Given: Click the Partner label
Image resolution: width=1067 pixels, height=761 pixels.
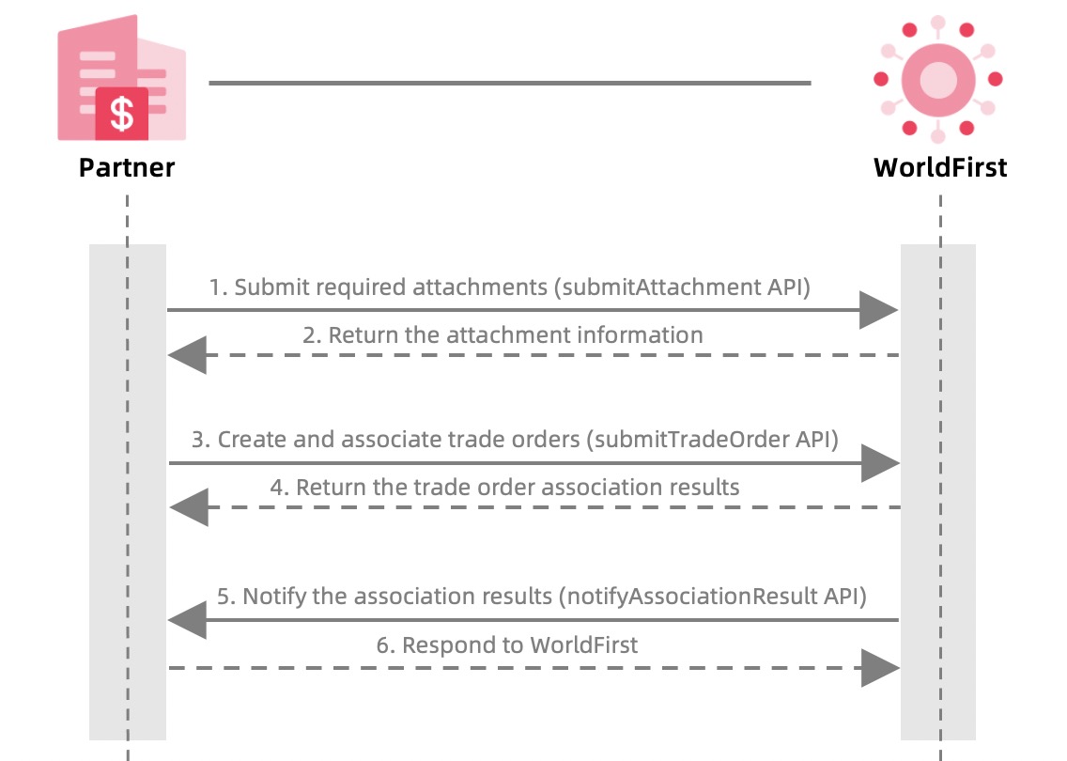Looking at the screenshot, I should tap(127, 168).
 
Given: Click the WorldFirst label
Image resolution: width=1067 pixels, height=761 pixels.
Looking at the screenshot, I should tap(939, 168).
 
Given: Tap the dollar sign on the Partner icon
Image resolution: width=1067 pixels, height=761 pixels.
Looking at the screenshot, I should tap(122, 112).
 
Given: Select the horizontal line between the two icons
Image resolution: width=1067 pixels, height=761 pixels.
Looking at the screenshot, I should tap(509, 83).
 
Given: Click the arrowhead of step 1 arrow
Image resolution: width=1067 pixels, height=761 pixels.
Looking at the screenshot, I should tap(879, 310).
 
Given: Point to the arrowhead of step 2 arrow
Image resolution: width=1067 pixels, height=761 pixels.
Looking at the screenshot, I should tap(187, 355).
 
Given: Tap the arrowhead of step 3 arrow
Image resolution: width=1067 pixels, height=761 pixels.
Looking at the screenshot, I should tap(880, 462).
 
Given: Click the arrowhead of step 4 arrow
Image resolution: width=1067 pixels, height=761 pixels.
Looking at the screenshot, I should tap(189, 507).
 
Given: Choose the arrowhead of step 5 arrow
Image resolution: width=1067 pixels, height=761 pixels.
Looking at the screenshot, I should tap(187, 620).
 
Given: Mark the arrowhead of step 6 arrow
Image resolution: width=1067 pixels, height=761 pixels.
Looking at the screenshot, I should tap(880, 668).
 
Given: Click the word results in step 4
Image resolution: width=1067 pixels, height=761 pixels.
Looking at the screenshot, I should tap(704, 487).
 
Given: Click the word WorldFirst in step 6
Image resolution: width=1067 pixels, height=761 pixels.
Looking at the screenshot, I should tap(583, 645).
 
